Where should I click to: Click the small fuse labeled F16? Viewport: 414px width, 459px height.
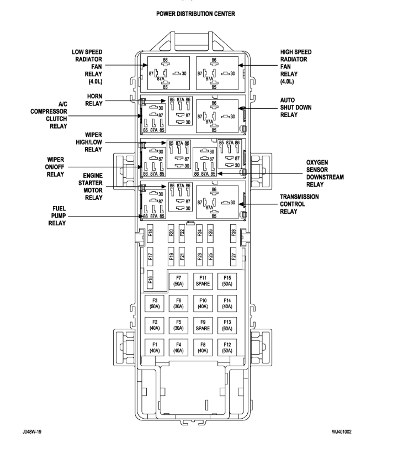click(151, 279)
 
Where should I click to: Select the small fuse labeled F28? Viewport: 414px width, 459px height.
click(233, 233)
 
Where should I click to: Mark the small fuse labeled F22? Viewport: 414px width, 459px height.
click(182, 233)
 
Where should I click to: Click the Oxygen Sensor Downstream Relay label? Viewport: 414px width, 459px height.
click(325, 174)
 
